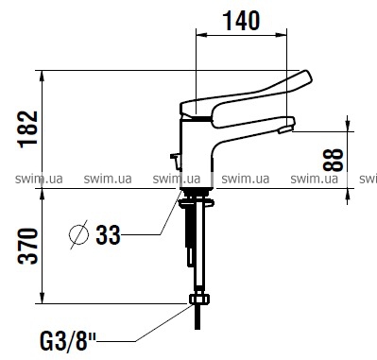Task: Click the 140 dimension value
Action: pos(242,21)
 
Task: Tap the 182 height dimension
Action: pos(28,129)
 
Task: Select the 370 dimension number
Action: pos(28,247)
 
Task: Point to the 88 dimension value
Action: pos(333,160)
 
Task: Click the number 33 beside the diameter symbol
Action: pos(108,234)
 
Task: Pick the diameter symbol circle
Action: pos(78,235)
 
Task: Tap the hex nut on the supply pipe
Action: pos(198,300)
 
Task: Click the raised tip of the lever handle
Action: pos(306,77)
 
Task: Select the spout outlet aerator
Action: pos(286,129)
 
